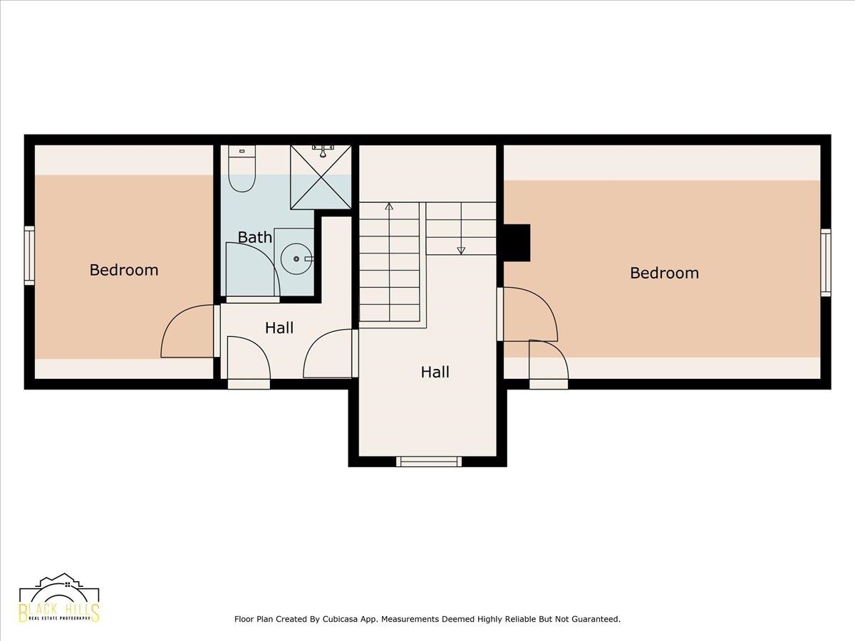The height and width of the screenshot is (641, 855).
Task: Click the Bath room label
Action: (255, 237)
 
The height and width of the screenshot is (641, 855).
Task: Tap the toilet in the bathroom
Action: (242, 169)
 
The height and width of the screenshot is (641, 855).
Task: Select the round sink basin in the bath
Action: (296, 259)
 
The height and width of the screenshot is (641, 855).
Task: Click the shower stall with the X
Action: (321, 177)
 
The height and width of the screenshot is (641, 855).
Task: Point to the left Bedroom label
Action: (124, 270)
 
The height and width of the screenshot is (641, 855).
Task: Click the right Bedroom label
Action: (665, 273)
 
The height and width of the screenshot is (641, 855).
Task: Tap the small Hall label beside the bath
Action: (279, 328)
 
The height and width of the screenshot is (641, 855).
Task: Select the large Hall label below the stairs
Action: (435, 372)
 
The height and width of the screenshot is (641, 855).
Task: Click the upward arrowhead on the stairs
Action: (389, 207)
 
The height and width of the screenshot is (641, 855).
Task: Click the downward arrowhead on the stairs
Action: (461, 251)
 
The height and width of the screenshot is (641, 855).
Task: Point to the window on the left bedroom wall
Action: (29, 256)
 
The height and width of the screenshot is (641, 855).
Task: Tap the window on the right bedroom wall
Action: (826, 262)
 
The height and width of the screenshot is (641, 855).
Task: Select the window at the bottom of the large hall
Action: (429, 462)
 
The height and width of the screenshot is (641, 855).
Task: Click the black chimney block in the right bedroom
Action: (517, 242)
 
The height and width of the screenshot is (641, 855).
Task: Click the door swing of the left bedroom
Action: (187, 330)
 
